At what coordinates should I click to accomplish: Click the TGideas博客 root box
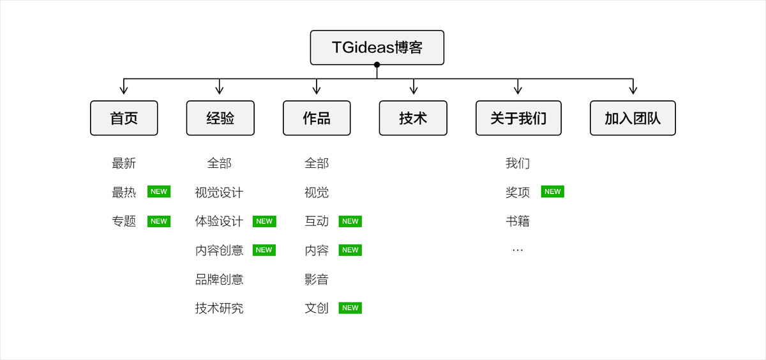coord(377,47)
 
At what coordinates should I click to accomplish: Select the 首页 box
coord(124,118)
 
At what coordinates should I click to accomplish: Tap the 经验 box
coord(220,118)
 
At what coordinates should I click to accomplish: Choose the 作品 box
coord(317,118)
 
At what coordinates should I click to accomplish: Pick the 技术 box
coord(413,118)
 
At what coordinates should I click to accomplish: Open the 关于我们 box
coord(518,118)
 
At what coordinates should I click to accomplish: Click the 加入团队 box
coord(633,118)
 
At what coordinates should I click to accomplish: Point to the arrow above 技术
coord(414,87)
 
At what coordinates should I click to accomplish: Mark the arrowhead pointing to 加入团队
coord(633,90)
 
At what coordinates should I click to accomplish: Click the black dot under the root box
coord(377,64)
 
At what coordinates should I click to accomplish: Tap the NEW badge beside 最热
coord(159,191)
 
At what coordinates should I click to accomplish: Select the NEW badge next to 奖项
coord(552,191)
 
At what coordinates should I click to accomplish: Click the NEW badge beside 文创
coord(350,308)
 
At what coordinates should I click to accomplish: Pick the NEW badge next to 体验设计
coord(264,221)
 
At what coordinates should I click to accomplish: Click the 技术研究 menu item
coord(219,308)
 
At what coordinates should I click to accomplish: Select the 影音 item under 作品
coord(317,280)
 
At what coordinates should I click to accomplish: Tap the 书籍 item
coord(518,221)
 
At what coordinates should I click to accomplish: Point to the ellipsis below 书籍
coord(518,250)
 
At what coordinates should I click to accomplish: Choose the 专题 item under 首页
coord(124,221)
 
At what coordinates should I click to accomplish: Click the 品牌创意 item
coord(219,280)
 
